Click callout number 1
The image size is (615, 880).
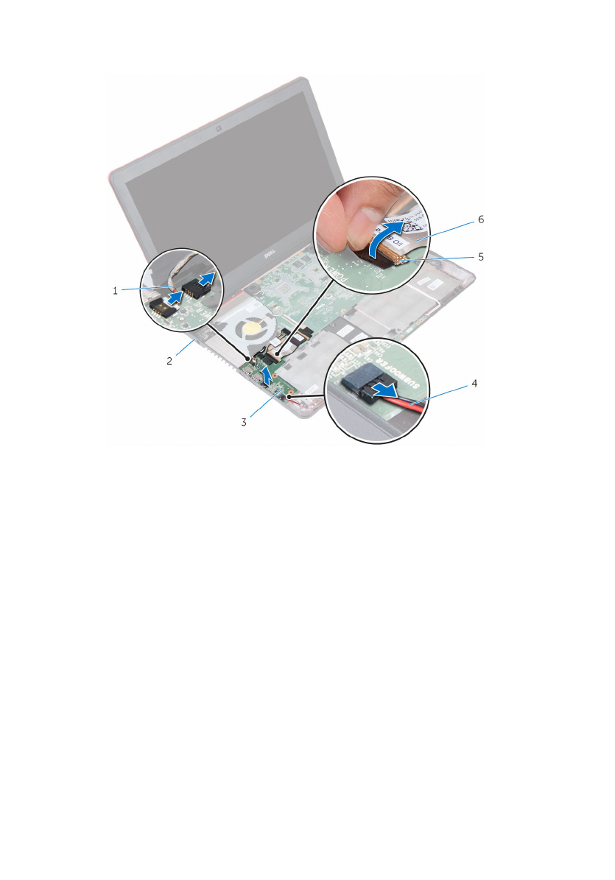(x=115, y=291)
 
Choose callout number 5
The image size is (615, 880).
(x=481, y=257)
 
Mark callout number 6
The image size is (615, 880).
(x=481, y=219)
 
